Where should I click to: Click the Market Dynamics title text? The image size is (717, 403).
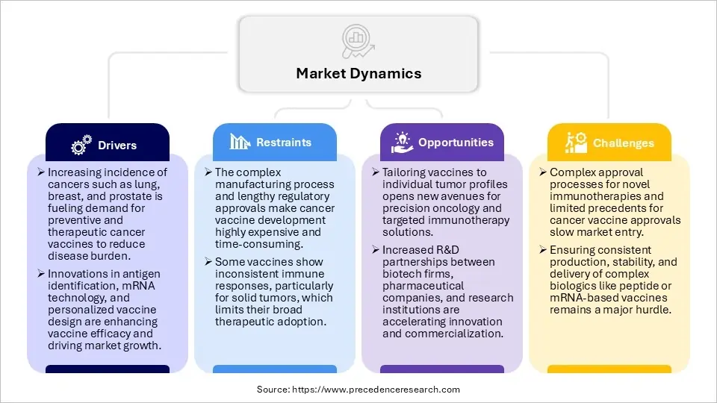point(358,73)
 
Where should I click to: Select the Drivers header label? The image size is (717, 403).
point(117,146)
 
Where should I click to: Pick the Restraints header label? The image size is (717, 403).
point(284,142)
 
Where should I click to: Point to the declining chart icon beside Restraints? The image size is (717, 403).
point(240,142)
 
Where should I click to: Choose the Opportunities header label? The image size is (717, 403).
point(456,142)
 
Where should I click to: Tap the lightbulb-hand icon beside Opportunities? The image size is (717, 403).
point(402,143)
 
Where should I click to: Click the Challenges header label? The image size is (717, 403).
point(624,143)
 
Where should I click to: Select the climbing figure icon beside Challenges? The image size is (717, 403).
point(575,143)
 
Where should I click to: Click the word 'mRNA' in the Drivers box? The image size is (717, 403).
point(119,287)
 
